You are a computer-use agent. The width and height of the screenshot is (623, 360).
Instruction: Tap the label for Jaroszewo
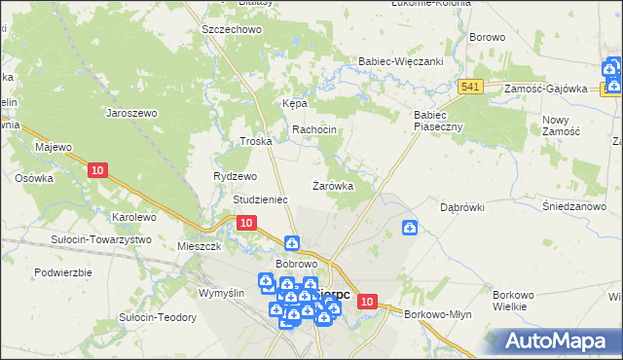(131, 112)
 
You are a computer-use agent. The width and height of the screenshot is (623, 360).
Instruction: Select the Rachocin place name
(313, 130)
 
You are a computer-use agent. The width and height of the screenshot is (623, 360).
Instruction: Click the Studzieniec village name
(259, 199)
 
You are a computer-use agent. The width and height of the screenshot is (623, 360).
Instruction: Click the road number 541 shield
(472, 87)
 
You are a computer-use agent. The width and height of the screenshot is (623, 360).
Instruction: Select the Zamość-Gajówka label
(545, 89)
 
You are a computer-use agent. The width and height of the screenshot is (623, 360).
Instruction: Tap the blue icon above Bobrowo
(291, 243)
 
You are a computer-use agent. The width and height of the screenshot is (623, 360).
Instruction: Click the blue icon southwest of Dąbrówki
(411, 228)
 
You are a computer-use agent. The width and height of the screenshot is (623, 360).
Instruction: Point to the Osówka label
(33, 178)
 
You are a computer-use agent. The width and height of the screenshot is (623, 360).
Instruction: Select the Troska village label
(255, 141)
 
